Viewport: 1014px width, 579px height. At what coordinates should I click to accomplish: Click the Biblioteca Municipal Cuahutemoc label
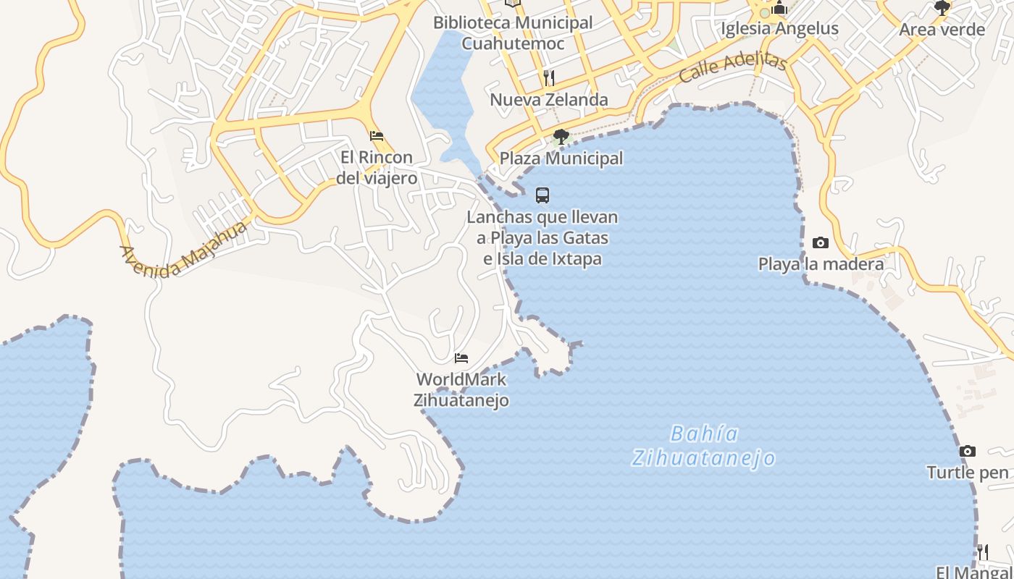(513, 33)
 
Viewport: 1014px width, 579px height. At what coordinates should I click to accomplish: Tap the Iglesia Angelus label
(779, 29)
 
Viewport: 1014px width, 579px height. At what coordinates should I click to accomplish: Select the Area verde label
(942, 30)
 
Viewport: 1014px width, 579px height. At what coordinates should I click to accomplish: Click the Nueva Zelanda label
(549, 100)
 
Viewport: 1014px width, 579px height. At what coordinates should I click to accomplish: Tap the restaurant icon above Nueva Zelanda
(549, 78)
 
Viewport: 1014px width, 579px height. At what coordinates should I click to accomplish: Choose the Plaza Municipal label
(561, 159)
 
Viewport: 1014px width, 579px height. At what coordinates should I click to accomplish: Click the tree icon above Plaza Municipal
(561, 137)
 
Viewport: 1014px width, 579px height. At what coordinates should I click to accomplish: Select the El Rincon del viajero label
(377, 167)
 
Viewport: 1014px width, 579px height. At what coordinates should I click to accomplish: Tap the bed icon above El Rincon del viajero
(376, 135)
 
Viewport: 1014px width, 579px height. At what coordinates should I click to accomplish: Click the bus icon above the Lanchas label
(542, 195)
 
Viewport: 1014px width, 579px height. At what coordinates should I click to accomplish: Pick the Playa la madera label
(821, 264)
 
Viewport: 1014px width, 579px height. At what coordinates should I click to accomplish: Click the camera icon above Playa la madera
(821, 242)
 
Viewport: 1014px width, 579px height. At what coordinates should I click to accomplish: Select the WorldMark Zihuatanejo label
(461, 389)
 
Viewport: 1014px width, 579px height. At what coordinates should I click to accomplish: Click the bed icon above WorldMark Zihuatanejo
(461, 358)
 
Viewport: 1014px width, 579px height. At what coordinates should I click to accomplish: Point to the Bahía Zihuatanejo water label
(704, 446)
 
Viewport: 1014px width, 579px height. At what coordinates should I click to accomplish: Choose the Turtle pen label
(968, 473)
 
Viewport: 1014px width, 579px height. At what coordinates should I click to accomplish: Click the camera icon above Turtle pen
(967, 452)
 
